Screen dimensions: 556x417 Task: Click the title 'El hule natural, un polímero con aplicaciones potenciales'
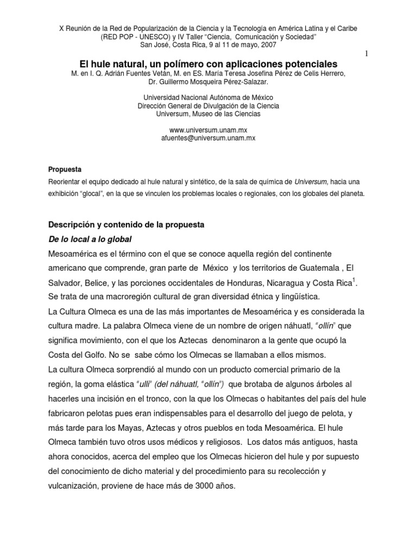(208, 64)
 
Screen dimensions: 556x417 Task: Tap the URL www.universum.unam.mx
(208, 130)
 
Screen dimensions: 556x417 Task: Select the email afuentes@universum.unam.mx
(208, 138)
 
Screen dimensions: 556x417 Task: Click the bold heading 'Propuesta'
(64, 169)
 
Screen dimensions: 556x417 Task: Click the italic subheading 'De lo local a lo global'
(91, 239)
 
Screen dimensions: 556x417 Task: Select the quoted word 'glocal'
(102, 194)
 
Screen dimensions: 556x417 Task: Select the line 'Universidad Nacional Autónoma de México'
(208, 98)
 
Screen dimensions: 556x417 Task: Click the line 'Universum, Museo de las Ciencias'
(208, 114)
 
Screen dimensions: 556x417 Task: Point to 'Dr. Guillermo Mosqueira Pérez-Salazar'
(208, 81)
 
